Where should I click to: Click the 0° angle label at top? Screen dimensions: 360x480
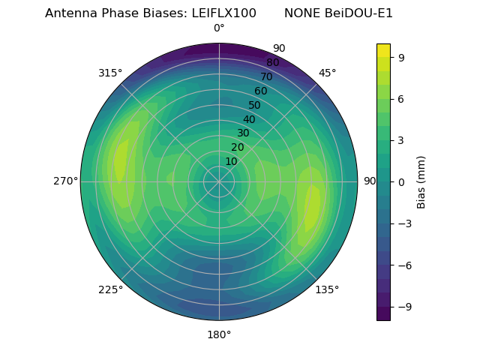tap(219, 28)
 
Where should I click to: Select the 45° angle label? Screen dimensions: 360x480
tap(327, 73)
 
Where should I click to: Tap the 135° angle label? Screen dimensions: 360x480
tap(327, 289)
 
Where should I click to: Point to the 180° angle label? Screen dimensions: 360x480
tap(219, 334)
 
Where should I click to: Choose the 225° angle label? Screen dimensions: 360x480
tap(110, 289)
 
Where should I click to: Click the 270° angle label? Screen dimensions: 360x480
tap(65, 181)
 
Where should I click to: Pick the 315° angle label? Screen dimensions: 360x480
tap(110, 73)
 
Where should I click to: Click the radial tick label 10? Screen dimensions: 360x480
tap(231, 161)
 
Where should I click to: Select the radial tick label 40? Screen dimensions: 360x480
tap(249, 119)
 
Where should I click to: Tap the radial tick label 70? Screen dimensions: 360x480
tap(266, 76)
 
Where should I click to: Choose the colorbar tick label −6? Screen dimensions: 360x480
tap(402, 265)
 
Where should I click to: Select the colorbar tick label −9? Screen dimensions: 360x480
tap(402, 307)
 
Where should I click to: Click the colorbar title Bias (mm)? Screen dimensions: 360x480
tap(421, 181)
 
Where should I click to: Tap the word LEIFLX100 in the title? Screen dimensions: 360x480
tap(223, 13)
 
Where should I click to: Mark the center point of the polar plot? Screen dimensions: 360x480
tap(219, 181)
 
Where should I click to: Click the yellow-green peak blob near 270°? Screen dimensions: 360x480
tap(119, 161)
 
